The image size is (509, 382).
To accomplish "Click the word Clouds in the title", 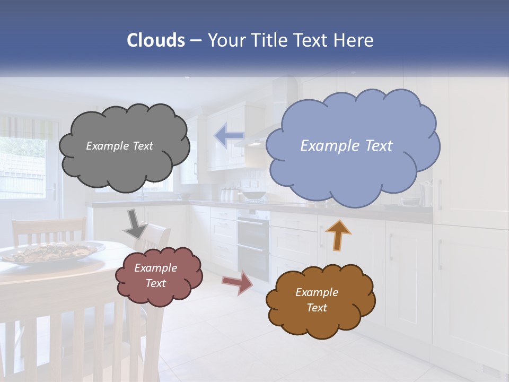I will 155,40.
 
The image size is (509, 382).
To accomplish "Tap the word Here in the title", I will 354,40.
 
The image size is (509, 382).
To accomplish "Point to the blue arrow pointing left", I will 229,136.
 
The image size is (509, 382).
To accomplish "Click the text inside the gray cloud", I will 119,146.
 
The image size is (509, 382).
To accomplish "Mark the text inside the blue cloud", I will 346,146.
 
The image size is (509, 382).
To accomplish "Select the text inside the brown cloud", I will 317,300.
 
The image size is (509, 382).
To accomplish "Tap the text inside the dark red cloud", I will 155,275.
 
